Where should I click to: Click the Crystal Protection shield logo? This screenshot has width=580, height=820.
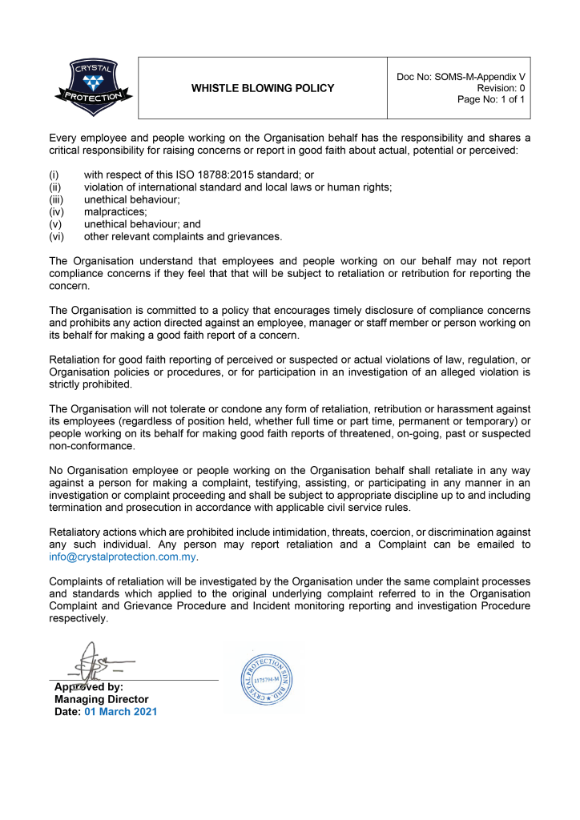[x=95, y=87]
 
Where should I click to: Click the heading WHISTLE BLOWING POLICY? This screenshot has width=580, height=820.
[x=263, y=88]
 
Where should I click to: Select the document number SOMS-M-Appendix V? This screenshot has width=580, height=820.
[x=479, y=76]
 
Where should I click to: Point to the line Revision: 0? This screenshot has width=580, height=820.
[x=501, y=88]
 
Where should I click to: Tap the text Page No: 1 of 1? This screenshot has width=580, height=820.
[x=491, y=100]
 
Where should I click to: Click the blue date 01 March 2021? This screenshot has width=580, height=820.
[x=120, y=711]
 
